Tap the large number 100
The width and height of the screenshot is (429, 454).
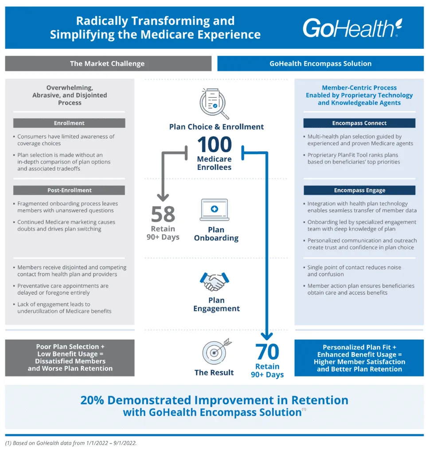click(214, 145)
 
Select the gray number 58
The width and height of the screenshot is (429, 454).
click(163, 215)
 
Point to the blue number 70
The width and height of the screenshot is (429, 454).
click(267, 352)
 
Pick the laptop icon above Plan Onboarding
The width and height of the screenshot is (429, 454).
click(214, 210)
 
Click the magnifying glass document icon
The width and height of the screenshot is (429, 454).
click(214, 103)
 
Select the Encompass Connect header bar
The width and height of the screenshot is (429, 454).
click(359, 123)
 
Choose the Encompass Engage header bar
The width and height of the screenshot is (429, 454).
click(359, 190)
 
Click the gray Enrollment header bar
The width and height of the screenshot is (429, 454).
click(69, 123)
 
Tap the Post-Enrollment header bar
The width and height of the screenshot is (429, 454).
click(69, 190)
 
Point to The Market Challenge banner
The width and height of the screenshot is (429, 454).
click(107, 63)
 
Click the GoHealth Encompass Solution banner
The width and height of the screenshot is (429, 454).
click(320, 63)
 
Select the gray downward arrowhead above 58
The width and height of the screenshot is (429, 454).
click(164, 197)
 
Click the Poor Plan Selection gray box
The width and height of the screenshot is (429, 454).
click(70, 357)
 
